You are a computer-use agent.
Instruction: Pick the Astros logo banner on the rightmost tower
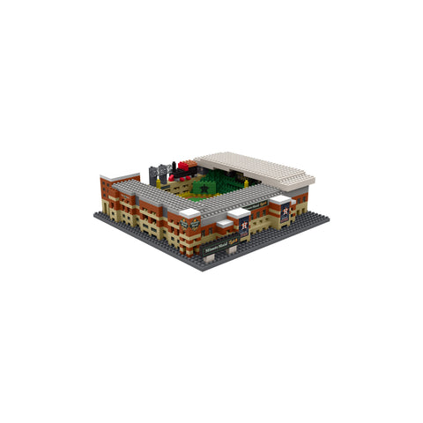pos(284,212)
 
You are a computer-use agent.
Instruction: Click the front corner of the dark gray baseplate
pos(204,268)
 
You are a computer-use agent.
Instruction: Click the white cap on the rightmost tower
pos(282,200)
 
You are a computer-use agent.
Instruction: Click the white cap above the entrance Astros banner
pos(239,212)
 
